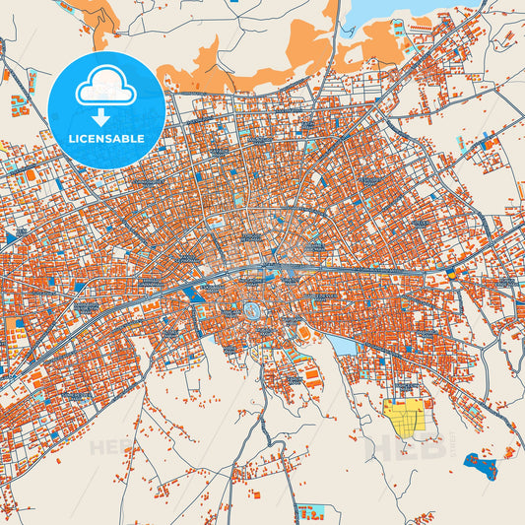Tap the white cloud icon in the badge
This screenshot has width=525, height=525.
(104, 88)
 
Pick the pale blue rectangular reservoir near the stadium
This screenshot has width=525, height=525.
(342, 345)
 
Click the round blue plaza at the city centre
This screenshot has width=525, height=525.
(253, 311)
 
